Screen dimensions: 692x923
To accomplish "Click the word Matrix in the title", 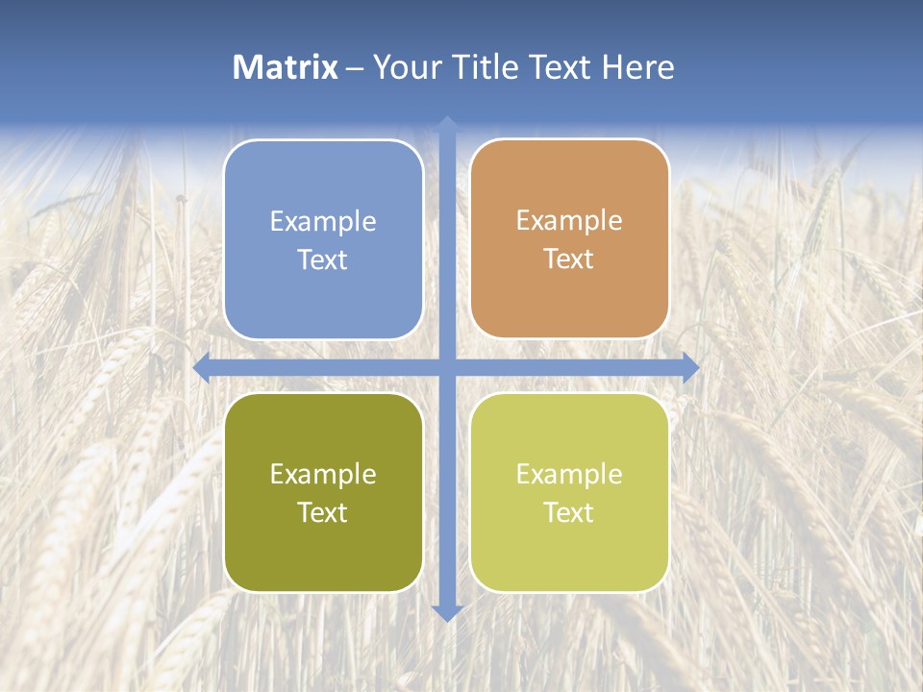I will coord(286,67).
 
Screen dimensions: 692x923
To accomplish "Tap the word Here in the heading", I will coord(638,67).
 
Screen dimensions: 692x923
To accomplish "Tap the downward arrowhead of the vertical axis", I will coord(447,612).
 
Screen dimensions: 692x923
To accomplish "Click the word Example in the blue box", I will coord(323,222).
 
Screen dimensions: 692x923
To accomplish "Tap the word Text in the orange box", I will coord(569,259).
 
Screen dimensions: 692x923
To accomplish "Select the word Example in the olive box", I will coord(323,475).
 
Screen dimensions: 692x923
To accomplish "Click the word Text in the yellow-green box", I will coord(569,513).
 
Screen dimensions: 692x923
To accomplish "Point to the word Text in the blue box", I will coord(323,260).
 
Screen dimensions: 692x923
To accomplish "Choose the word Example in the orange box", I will coord(569,221).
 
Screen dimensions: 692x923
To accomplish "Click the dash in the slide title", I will coord(355,68).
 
